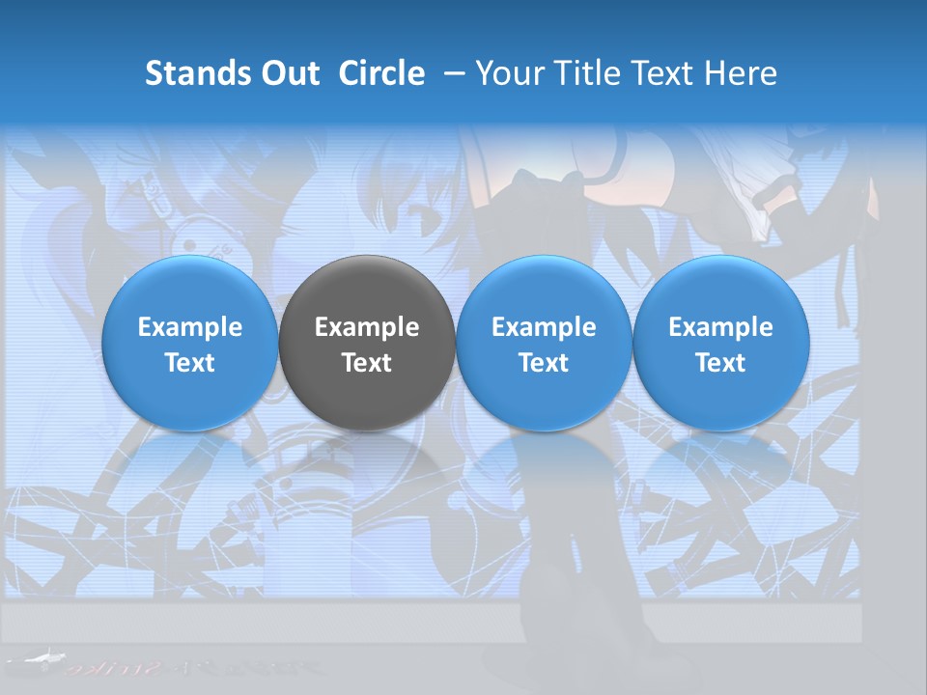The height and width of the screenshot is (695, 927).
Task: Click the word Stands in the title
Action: tap(198, 73)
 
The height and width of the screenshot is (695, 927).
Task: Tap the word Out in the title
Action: tap(289, 73)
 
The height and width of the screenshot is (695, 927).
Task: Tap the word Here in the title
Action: tap(740, 73)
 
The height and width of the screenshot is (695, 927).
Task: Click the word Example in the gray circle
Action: tap(367, 327)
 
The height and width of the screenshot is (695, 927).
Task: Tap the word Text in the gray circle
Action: tap(367, 363)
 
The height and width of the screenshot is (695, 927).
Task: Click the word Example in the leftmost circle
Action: tap(189, 327)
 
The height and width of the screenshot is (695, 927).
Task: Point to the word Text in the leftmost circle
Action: tap(189, 363)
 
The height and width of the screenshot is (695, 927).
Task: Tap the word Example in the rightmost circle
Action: tap(721, 327)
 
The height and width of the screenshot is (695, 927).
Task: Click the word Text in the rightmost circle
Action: tap(721, 363)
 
